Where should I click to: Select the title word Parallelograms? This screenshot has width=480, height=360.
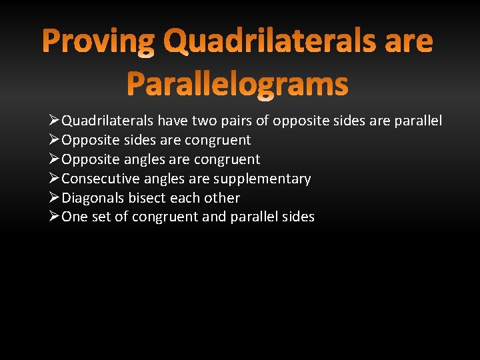[237, 85]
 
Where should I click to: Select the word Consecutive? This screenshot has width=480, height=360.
[97, 179]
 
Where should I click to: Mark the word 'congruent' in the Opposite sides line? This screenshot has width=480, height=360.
[219, 140]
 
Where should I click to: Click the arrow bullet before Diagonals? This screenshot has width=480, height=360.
[55, 198]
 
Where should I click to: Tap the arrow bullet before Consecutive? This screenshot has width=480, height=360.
[55, 179]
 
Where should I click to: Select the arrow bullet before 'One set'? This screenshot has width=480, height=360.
[55, 217]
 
